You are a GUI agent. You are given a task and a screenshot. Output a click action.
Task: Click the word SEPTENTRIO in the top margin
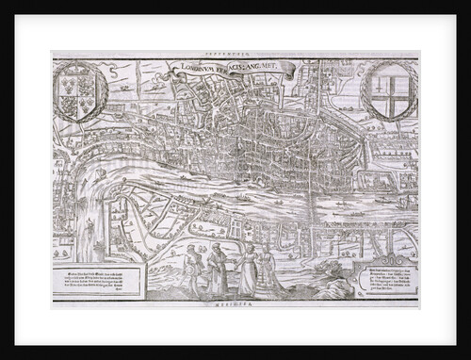[x=235, y=55]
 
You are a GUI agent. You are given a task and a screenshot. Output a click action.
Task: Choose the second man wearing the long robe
[x=219, y=269]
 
